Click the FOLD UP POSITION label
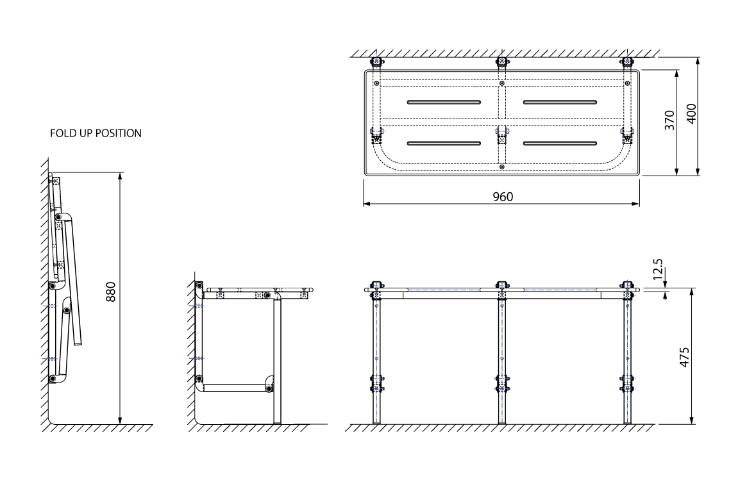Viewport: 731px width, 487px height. [96, 133]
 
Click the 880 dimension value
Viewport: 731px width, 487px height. [110, 292]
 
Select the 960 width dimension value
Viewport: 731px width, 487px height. [503, 197]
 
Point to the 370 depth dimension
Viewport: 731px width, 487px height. [669, 120]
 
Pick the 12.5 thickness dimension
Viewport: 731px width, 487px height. [657, 269]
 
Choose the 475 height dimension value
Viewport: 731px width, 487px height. [684, 357]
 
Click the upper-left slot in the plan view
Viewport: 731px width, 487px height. [444, 102]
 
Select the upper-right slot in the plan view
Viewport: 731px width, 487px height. [560, 102]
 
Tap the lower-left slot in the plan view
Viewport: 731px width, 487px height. [444, 143]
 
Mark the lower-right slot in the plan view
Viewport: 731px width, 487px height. [560, 143]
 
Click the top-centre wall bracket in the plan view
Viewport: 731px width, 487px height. [501, 62]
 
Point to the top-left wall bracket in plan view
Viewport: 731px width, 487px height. [376, 62]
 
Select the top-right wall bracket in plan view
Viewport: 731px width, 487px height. [628, 62]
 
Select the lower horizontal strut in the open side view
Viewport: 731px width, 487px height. [235, 388]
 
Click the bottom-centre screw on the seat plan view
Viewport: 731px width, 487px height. [501, 167]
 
